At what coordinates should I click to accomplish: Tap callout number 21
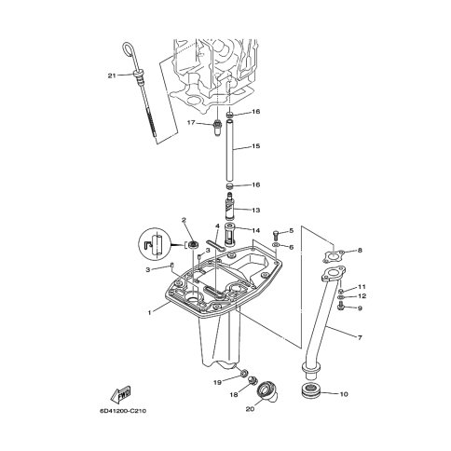tap(112, 75)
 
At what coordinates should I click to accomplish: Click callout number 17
tap(191, 123)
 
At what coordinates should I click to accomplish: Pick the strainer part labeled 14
tap(229, 235)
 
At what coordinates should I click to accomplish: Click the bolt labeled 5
tap(276, 235)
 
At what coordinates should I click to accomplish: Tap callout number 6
tap(291, 247)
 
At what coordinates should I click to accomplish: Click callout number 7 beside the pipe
tap(360, 337)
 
